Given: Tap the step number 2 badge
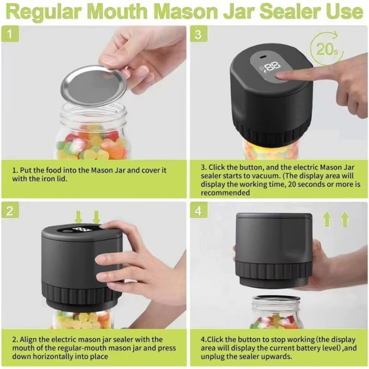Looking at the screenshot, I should [x=10, y=211].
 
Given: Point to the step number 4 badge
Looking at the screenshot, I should [x=198, y=211].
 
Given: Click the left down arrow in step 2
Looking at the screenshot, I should [x=79, y=217].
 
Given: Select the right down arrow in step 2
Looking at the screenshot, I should [x=97, y=217].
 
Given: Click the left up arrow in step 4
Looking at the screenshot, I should [x=327, y=220].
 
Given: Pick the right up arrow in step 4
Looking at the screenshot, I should [x=345, y=220].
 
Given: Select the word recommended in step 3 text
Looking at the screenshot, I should [x=225, y=193].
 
